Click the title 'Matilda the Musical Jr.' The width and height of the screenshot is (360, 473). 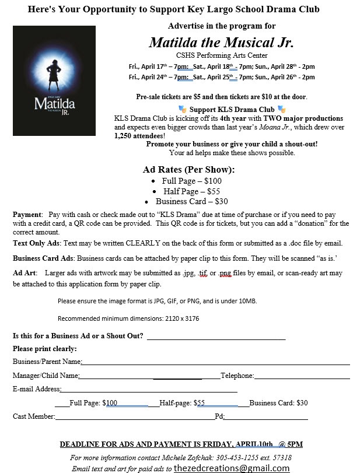221,43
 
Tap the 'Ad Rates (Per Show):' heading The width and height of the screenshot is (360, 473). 189,170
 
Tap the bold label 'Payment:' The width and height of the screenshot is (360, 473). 28,215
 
